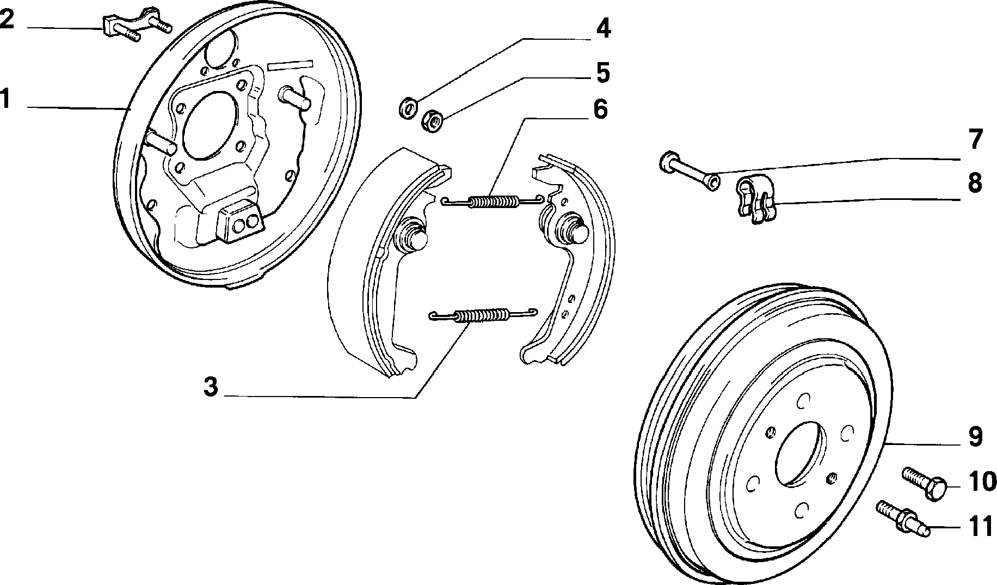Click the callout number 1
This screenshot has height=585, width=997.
point(6,100)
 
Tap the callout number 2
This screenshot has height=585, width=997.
point(7,20)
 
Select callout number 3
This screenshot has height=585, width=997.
point(211,387)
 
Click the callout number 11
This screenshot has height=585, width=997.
point(981,527)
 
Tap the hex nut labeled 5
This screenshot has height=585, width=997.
point(432,121)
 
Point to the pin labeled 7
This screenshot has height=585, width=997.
point(689,170)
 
